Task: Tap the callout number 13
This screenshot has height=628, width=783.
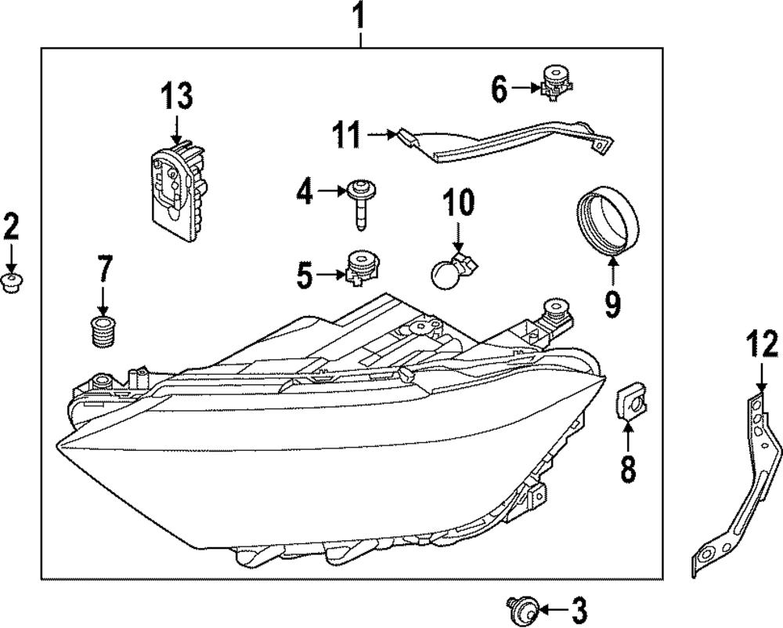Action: click(x=176, y=97)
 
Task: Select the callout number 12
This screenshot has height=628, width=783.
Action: click(x=762, y=346)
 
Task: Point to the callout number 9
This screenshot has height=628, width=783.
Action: click(x=612, y=302)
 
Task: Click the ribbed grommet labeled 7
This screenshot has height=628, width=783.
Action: click(x=100, y=332)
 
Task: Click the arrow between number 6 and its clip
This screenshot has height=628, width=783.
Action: click(x=524, y=89)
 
